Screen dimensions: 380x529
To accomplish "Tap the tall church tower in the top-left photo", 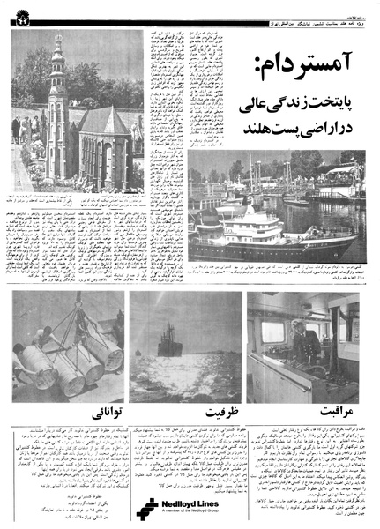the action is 57,106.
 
